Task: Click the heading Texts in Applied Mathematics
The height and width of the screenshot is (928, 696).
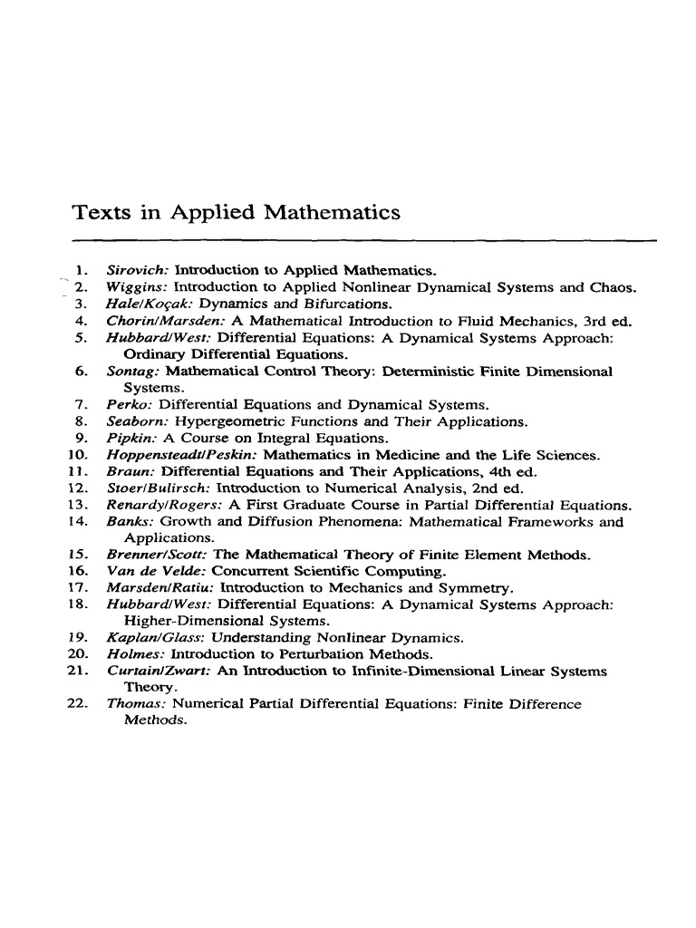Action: (236, 213)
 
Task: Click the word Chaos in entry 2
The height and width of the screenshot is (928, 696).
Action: (613, 287)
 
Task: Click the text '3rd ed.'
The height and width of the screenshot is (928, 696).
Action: (606, 321)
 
